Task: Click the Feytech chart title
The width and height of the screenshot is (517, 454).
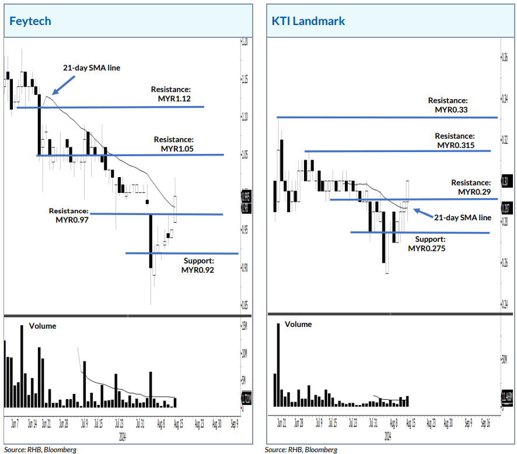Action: (30, 22)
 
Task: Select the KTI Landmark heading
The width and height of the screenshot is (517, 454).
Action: (308, 22)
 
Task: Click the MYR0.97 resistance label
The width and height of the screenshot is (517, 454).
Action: (69, 216)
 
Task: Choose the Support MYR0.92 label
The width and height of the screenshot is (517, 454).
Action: (198, 266)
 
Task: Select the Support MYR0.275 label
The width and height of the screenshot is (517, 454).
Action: (430, 244)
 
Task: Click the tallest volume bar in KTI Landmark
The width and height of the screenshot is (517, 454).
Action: (278, 364)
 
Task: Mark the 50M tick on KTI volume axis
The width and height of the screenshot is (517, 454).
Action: (504, 360)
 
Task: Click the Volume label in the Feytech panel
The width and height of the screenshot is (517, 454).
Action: (43, 326)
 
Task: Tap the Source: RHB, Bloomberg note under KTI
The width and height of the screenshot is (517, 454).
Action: (301, 449)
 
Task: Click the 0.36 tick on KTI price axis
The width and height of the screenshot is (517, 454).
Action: (505, 57)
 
